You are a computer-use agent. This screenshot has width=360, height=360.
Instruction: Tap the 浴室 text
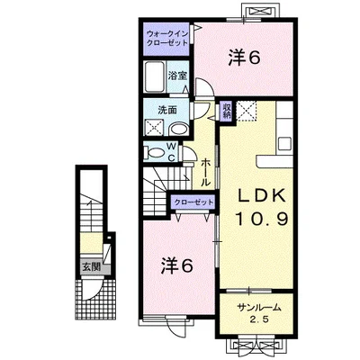pos(176,76)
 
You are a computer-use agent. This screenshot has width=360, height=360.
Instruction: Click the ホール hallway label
pos(206,168)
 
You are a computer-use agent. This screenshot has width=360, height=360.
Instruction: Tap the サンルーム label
pos(259,308)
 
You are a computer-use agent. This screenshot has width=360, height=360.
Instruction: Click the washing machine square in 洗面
pos(155,128)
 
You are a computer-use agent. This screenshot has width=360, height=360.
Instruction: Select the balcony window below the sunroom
pos(258,342)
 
